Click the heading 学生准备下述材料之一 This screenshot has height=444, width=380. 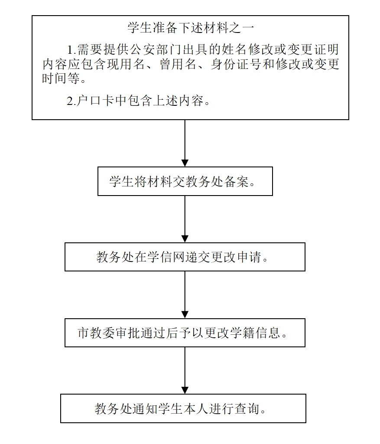[190, 28]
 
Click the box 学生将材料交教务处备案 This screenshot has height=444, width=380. [185, 181]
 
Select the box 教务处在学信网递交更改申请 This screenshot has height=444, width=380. [185, 257]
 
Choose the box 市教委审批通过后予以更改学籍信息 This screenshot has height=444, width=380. [185, 333]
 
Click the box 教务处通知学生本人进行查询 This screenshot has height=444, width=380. [183, 408]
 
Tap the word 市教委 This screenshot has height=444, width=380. [95, 333]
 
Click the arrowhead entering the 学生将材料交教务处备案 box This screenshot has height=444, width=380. [185, 163]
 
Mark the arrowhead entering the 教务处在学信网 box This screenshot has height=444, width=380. [185, 239]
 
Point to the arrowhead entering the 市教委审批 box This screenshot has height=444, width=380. [185, 315]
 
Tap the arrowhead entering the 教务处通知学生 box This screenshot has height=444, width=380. [185, 390]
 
